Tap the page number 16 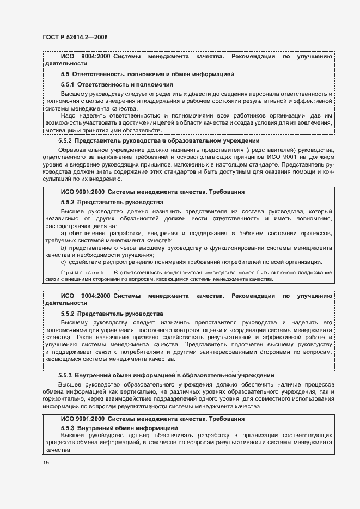[46, 462]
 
